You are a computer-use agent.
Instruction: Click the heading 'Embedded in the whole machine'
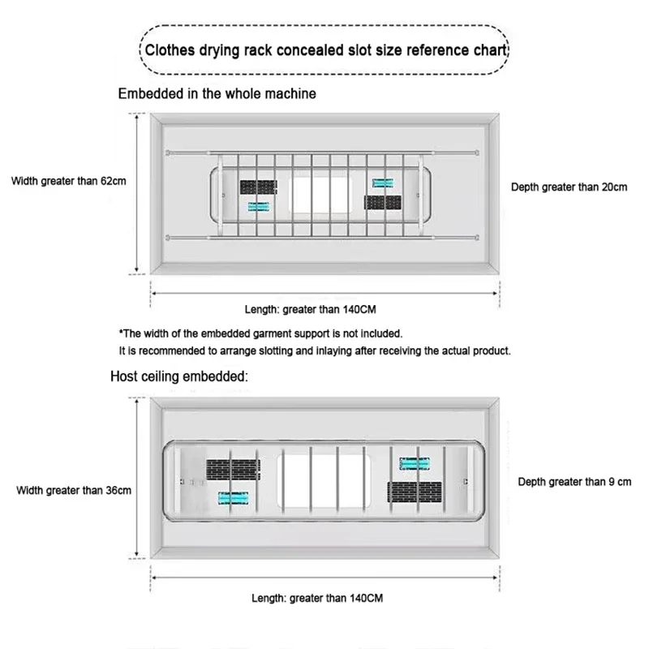(217, 93)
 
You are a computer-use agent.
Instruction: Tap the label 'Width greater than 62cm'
(68, 180)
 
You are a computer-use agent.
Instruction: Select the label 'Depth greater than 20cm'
(569, 187)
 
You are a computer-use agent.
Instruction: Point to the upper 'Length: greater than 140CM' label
(312, 309)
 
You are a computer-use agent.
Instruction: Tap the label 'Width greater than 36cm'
(74, 490)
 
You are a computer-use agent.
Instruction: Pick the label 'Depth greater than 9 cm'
(574, 482)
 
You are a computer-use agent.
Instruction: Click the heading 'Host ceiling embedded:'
(179, 377)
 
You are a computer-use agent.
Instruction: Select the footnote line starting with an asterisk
(260, 333)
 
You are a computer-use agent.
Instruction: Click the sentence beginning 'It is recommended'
(315, 351)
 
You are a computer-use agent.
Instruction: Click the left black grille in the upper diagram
(259, 187)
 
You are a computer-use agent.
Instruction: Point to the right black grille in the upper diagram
(383, 202)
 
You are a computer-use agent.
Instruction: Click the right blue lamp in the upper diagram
(383, 183)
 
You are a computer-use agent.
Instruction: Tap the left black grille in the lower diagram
(232, 470)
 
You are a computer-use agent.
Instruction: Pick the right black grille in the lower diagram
(415, 492)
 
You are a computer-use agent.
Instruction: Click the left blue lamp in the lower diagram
(233, 497)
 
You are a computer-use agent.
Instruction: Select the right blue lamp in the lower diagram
(415, 464)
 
